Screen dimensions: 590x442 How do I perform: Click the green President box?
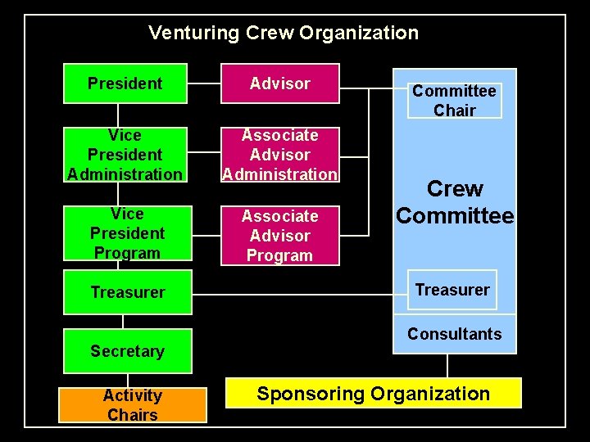125,83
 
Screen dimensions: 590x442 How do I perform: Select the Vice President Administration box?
125,155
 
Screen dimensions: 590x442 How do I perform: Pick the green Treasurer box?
127,292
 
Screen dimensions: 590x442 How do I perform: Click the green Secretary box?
127,351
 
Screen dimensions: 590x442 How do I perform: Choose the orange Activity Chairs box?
132,405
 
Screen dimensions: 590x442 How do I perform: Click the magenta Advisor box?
279,83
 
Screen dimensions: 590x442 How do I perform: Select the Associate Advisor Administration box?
279,155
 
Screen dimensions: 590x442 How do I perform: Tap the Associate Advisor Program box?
279,236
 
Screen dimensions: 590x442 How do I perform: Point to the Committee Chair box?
454,101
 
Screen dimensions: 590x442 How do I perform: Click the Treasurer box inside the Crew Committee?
452,290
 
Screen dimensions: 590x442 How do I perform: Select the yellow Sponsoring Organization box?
374,394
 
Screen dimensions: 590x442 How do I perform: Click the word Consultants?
454,334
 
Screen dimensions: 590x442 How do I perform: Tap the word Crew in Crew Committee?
455,189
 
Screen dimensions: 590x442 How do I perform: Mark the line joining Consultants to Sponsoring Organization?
447,365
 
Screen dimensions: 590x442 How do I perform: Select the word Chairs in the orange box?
132,415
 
